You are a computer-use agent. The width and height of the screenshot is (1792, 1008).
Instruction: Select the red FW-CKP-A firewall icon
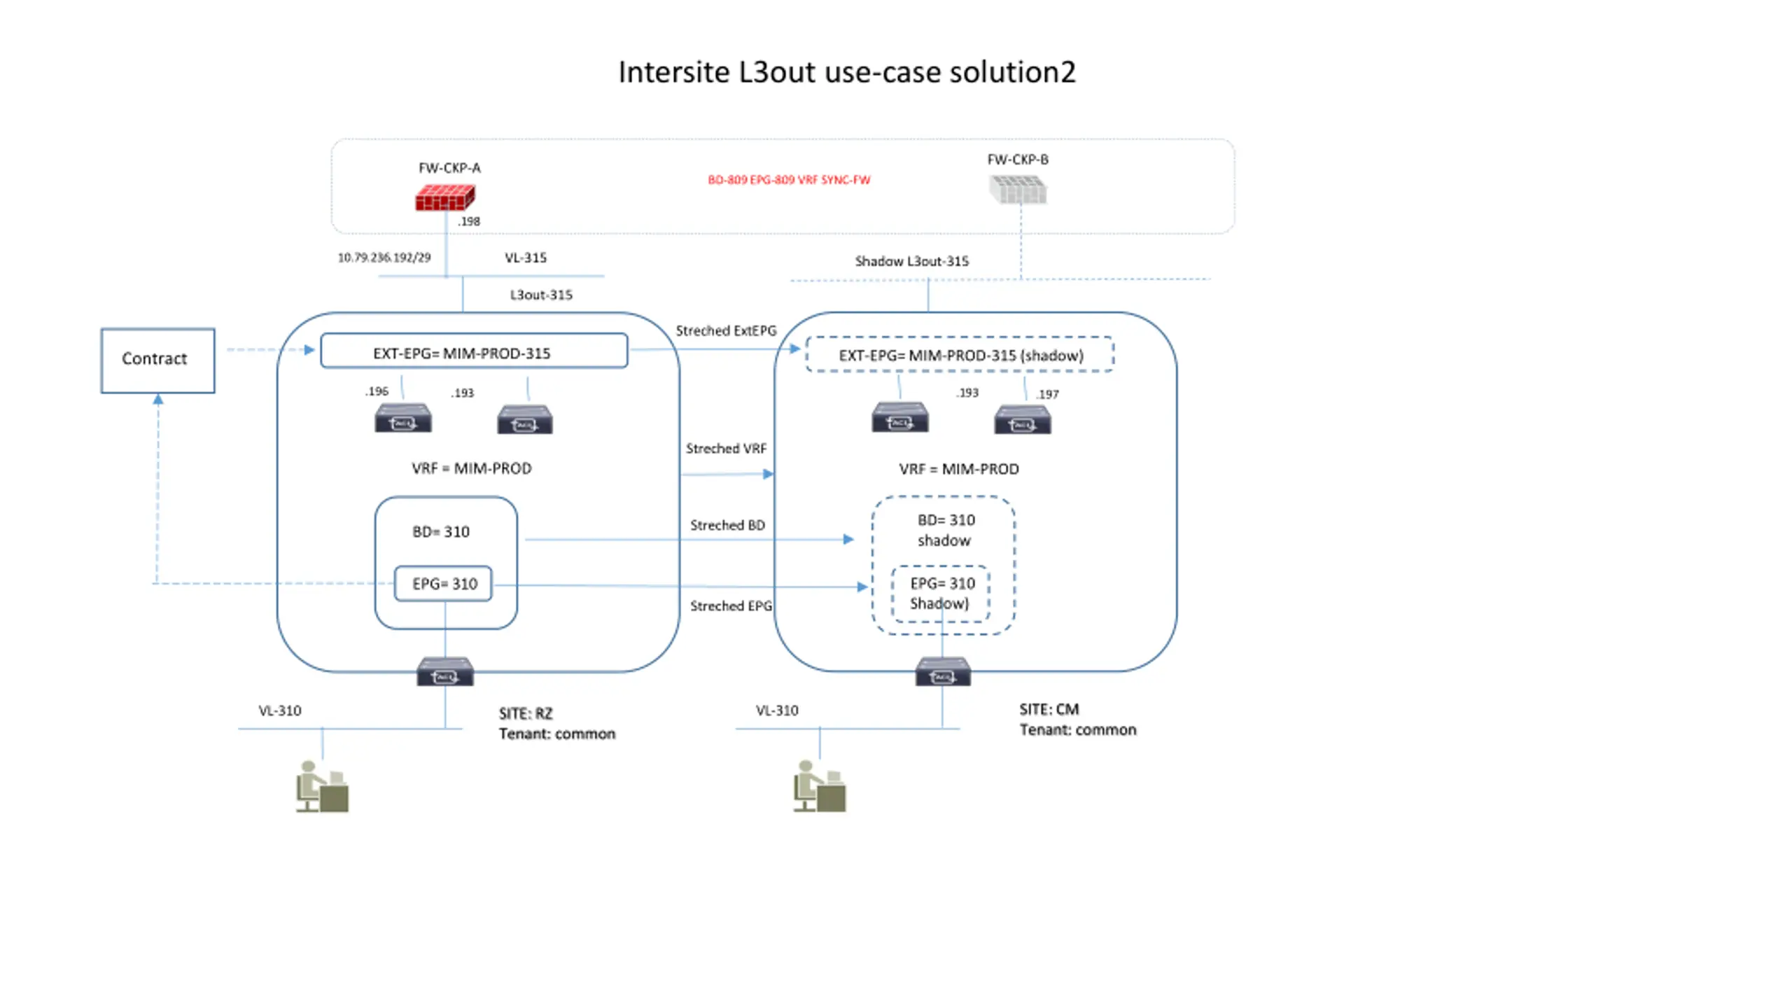[x=445, y=197]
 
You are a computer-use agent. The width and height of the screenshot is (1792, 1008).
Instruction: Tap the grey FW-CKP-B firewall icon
[x=1018, y=190]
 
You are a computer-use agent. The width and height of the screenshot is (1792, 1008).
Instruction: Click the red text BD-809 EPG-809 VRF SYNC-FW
[x=789, y=180]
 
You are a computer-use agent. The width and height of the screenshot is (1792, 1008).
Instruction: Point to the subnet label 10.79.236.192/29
[x=384, y=258]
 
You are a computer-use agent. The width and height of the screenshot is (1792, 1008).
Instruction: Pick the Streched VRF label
[x=726, y=449]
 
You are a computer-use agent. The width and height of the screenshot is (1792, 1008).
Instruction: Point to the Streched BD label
[x=727, y=525]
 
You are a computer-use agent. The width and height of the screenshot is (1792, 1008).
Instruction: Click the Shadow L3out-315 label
[x=911, y=261]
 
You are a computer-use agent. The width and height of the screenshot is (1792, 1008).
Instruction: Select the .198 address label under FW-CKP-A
[x=469, y=221]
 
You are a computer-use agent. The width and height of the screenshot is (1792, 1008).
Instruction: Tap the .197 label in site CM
[x=1047, y=394]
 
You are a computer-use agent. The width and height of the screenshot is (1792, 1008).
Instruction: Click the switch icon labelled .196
[x=403, y=418]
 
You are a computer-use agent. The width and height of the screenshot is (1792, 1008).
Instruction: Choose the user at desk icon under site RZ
[x=322, y=787]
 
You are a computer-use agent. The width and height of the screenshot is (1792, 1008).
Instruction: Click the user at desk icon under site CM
[x=820, y=787]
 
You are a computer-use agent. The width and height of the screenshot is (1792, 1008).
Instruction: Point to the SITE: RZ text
[x=526, y=714]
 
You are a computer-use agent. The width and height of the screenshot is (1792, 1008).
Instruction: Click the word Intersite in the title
[x=674, y=72]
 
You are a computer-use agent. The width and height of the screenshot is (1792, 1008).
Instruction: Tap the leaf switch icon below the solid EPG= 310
[x=445, y=671]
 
